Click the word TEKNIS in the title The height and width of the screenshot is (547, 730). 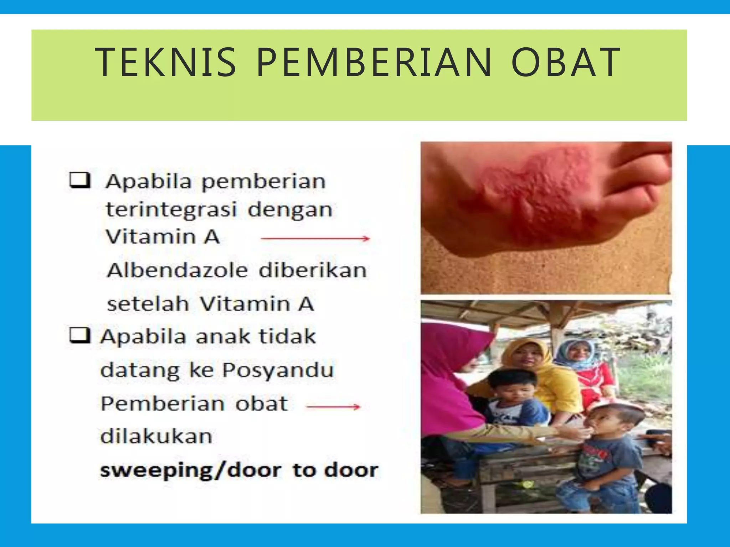[166, 62]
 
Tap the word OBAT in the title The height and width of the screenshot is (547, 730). [566, 62]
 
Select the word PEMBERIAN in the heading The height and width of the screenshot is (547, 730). [374, 62]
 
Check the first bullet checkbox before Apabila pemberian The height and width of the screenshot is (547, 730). [79, 180]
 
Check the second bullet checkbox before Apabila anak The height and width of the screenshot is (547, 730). [79, 335]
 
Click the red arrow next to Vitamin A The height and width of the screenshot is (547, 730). [315, 239]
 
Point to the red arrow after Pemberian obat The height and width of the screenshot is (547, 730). [333, 406]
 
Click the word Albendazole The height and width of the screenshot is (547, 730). [178, 270]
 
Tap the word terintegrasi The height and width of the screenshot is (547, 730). [171, 209]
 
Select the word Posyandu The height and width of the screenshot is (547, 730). [278, 370]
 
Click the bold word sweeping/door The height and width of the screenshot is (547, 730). [191, 470]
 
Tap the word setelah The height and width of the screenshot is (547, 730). [148, 304]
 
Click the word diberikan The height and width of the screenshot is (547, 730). [313, 270]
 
